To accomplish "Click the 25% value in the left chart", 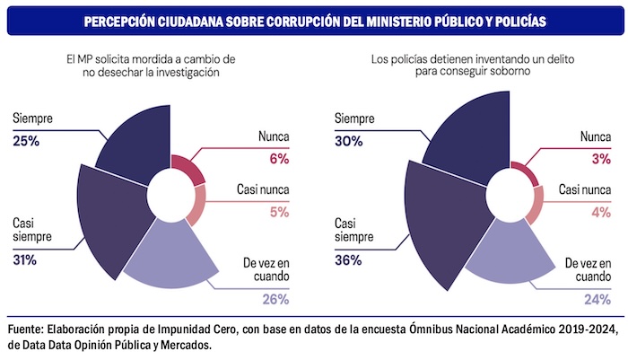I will [x=25, y=140].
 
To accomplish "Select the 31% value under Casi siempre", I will [x=25, y=260].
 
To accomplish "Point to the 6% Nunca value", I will [x=279, y=159].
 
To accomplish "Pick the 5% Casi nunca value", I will [x=279, y=213].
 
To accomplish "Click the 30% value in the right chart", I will [x=348, y=140].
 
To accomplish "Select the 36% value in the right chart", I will [x=348, y=260].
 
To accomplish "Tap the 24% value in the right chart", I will [x=599, y=298].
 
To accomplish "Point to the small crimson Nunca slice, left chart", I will [x=184, y=169].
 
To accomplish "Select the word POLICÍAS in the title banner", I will [x=513, y=20].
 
